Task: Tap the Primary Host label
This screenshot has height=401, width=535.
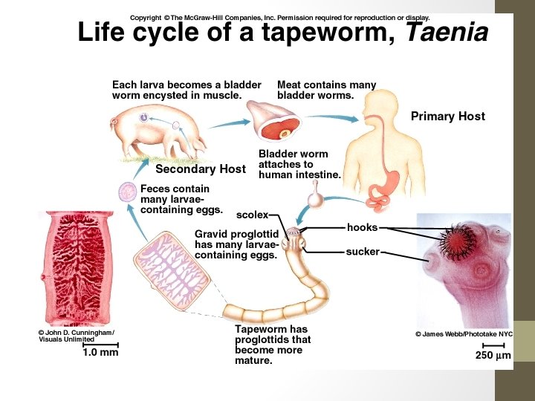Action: [447, 116]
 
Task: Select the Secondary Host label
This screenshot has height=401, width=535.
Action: [201, 169]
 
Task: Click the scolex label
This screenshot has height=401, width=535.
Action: [252, 215]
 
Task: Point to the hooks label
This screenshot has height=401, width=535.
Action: [362, 227]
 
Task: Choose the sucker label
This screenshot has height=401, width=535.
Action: [363, 252]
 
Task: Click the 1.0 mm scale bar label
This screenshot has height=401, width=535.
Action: [100, 353]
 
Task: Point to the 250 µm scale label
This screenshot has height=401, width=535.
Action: [493, 356]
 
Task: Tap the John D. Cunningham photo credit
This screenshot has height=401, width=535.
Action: [77, 336]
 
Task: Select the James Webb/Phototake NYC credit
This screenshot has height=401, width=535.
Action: [464, 334]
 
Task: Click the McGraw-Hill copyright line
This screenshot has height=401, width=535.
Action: [279, 17]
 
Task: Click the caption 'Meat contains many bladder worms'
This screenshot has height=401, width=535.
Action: [326, 90]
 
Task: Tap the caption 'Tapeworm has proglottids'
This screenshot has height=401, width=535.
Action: [272, 345]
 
